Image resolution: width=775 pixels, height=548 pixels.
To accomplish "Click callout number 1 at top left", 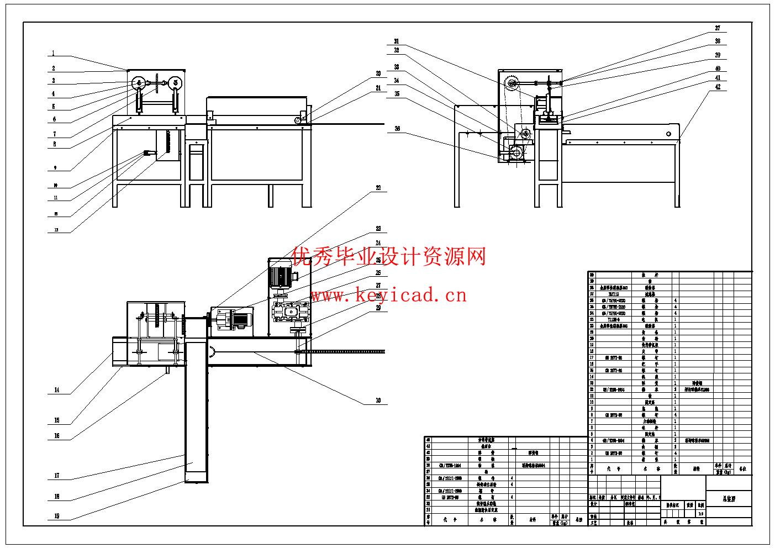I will pyautogui.click(x=54, y=54).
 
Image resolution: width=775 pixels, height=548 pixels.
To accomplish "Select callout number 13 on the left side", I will pyautogui.click(x=56, y=230).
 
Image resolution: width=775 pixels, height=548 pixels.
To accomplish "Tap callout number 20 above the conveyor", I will pyautogui.click(x=378, y=73).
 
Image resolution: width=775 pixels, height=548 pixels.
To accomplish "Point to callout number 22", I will pyautogui.click(x=378, y=188).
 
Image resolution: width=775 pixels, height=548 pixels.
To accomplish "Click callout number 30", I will pyautogui.click(x=378, y=401).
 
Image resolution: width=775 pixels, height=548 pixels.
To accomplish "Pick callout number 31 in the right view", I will pyautogui.click(x=396, y=41).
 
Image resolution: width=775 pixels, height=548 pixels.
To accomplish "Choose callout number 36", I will pyautogui.click(x=397, y=129).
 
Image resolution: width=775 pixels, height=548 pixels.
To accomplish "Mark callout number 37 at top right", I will pyautogui.click(x=718, y=28).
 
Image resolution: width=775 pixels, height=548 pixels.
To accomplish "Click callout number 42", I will pyautogui.click(x=718, y=87).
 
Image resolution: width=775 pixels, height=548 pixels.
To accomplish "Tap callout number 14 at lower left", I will pyautogui.click(x=56, y=390).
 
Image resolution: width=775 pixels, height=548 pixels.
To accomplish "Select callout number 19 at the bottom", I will pyautogui.click(x=56, y=516).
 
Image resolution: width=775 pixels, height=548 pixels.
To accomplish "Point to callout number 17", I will pyautogui.click(x=56, y=476).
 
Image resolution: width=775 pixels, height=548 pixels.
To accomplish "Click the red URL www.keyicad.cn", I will pyautogui.click(x=388, y=296).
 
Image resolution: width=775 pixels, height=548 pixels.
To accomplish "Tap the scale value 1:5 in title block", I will pyautogui.click(x=700, y=513).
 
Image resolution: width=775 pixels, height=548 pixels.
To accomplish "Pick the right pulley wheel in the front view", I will pyautogui.click(x=176, y=83).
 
